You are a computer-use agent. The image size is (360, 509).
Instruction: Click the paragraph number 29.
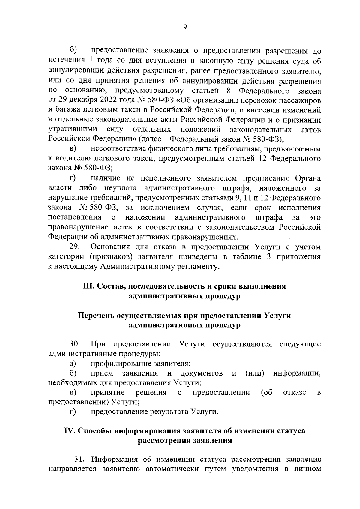pos(74,247)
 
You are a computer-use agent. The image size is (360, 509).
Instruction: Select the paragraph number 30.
pos(74,344)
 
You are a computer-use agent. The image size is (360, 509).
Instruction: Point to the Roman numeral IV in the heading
pos(70,431)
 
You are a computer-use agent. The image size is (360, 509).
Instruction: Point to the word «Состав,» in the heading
pos(112,286)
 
